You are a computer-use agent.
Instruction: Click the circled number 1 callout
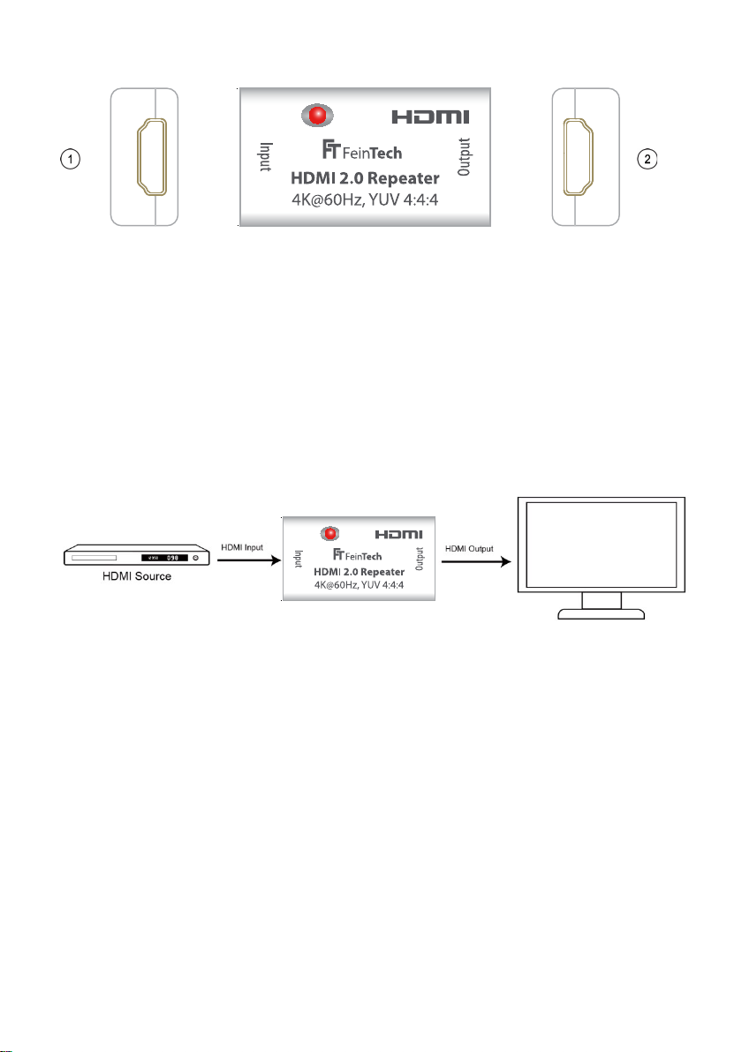[70, 159]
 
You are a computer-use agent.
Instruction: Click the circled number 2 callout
[648, 159]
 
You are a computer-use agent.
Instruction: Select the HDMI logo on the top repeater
[430, 116]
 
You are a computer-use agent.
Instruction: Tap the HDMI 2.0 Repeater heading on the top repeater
[365, 179]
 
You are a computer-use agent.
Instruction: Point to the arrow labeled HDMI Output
[478, 559]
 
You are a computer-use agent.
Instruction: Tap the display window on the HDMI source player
[165, 558]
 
